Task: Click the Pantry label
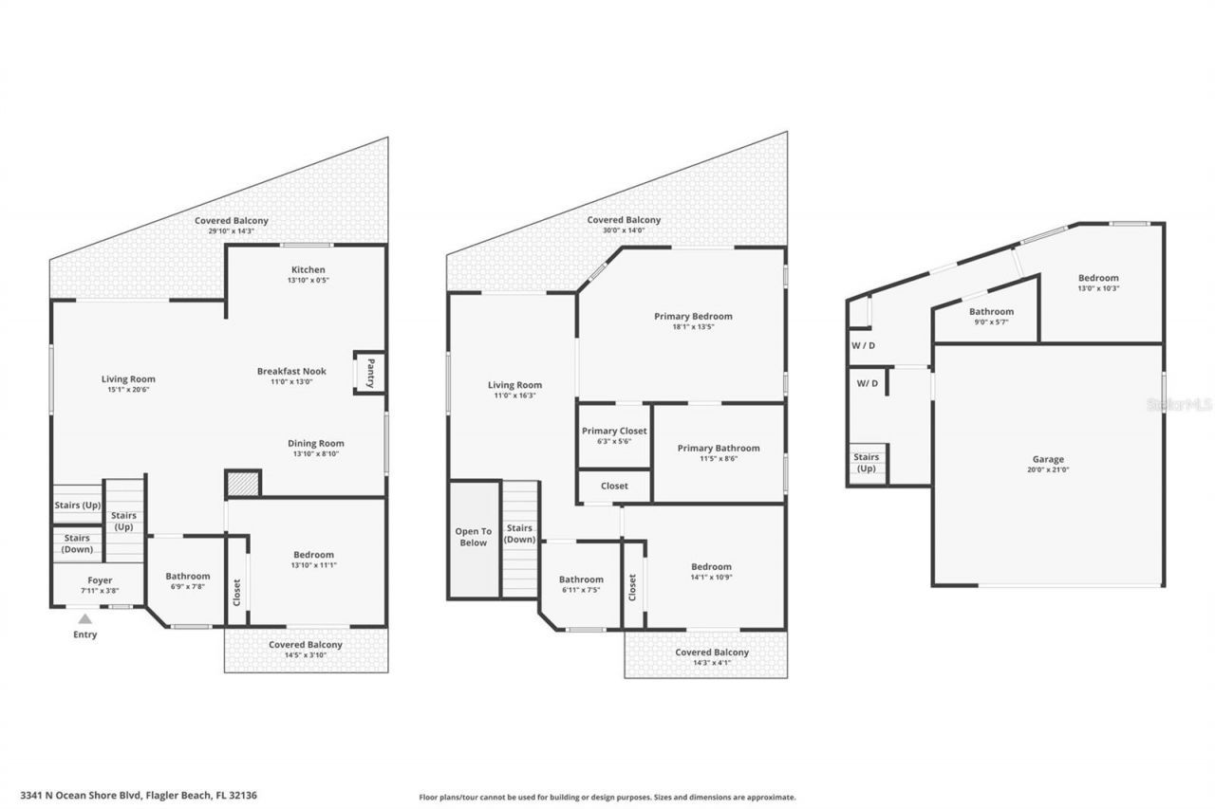click(x=371, y=371)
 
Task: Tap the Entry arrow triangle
click(x=84, y=618)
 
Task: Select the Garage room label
click(x=1048, y=459)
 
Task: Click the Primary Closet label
click(x=614, y=431)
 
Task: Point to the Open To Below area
click(x=473, y=538)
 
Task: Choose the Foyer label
click(x=99, y=580)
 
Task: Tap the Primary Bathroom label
click(x=719, y=448)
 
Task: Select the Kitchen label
click(x=308, y=269)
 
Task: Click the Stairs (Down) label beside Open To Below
click(x=518, y=534)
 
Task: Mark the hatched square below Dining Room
click(x=243, y=484)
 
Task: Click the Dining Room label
click(x=316, y=443)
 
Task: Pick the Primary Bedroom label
click(x=693, y=316)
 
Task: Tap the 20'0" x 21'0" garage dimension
click(x=1048, y=469)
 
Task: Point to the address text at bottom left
click(x=139, y=796)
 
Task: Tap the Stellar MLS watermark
click(x=1179, y=404)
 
